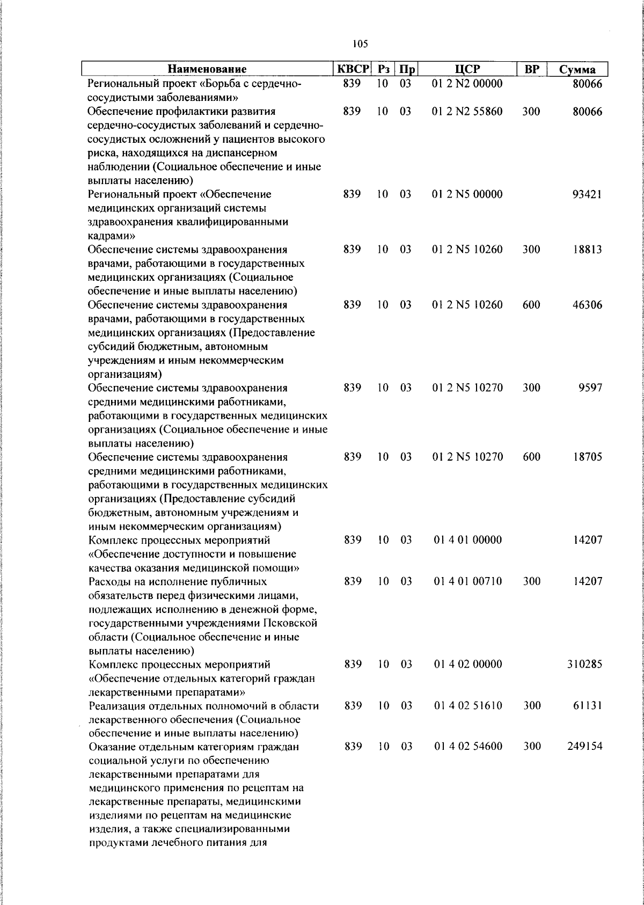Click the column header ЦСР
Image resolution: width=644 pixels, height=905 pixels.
[467, 69]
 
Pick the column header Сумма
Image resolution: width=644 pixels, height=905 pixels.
[577, 70]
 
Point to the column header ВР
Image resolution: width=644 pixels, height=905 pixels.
[531, 69]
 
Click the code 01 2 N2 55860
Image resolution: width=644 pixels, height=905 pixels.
[467, 112]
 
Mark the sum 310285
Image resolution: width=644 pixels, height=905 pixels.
[584, 664]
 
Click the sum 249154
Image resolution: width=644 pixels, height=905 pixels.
[584, 747]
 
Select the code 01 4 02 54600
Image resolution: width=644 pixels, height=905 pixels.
[467, 747]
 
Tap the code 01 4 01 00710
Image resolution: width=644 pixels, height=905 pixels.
[467, 581]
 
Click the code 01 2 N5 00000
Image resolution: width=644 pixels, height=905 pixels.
[467, 194]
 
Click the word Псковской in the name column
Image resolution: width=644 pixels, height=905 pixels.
[290, 623]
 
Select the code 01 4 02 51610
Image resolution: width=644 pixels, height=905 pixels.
[467, 705]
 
